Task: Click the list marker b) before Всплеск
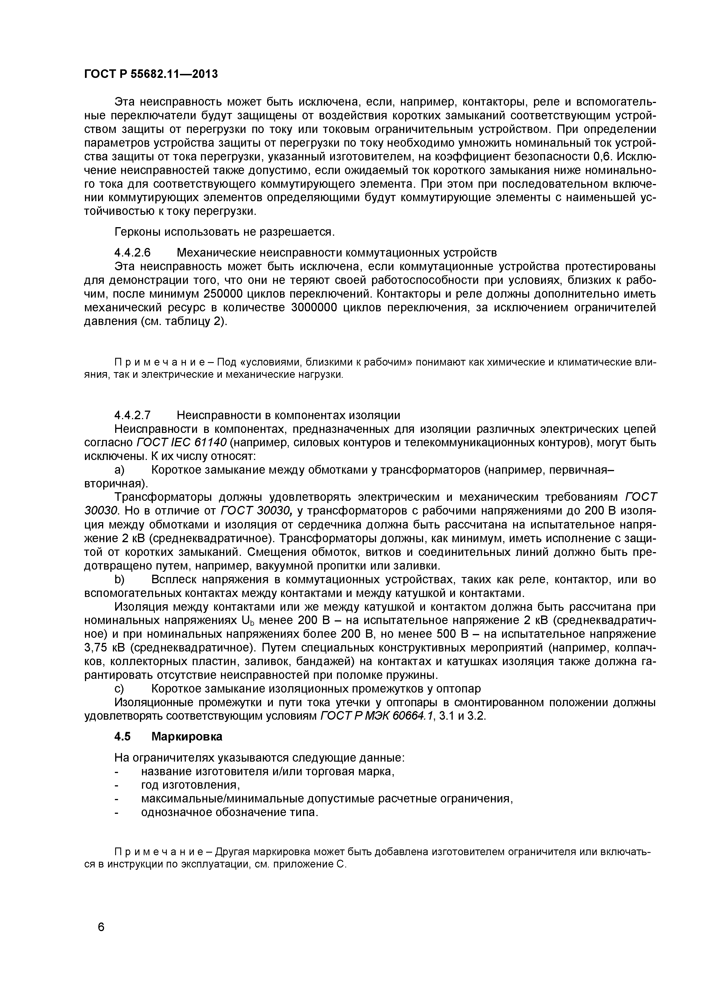pos(119,580)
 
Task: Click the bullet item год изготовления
pos(191,785)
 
